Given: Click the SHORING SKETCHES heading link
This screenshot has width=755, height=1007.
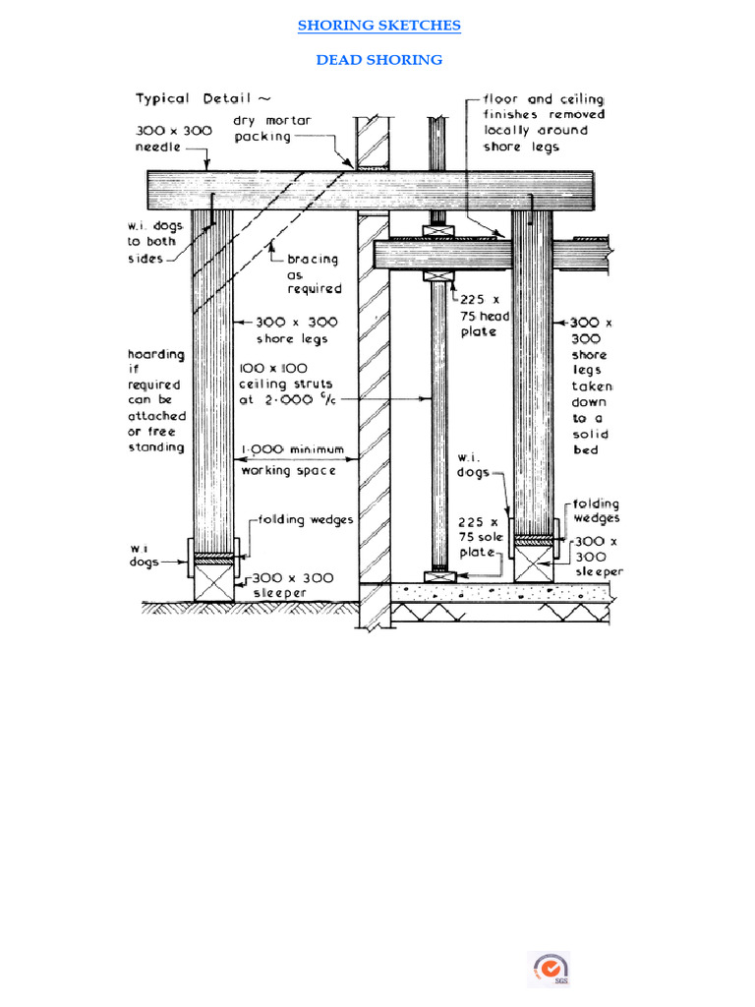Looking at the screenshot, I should (378, 26).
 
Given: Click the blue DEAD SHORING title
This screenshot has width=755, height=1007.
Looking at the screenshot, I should (378, 60).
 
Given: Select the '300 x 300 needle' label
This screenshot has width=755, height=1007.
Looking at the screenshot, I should (173, 139).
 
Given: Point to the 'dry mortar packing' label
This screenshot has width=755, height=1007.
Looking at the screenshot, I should (272, 128).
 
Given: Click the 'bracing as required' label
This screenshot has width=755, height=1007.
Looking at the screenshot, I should (314, 274).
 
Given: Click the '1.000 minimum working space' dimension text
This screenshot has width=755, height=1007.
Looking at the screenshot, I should (293, 460).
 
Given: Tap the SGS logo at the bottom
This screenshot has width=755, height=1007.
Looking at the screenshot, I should (550, 969).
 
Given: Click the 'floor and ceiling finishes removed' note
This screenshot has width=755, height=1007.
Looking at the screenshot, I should (544, 123).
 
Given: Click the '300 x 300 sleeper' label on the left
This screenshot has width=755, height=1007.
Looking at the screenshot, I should (294, 585).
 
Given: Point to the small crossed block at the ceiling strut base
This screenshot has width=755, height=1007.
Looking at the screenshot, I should (436, 576).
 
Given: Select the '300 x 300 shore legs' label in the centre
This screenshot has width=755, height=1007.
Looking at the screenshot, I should (292, 329).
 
